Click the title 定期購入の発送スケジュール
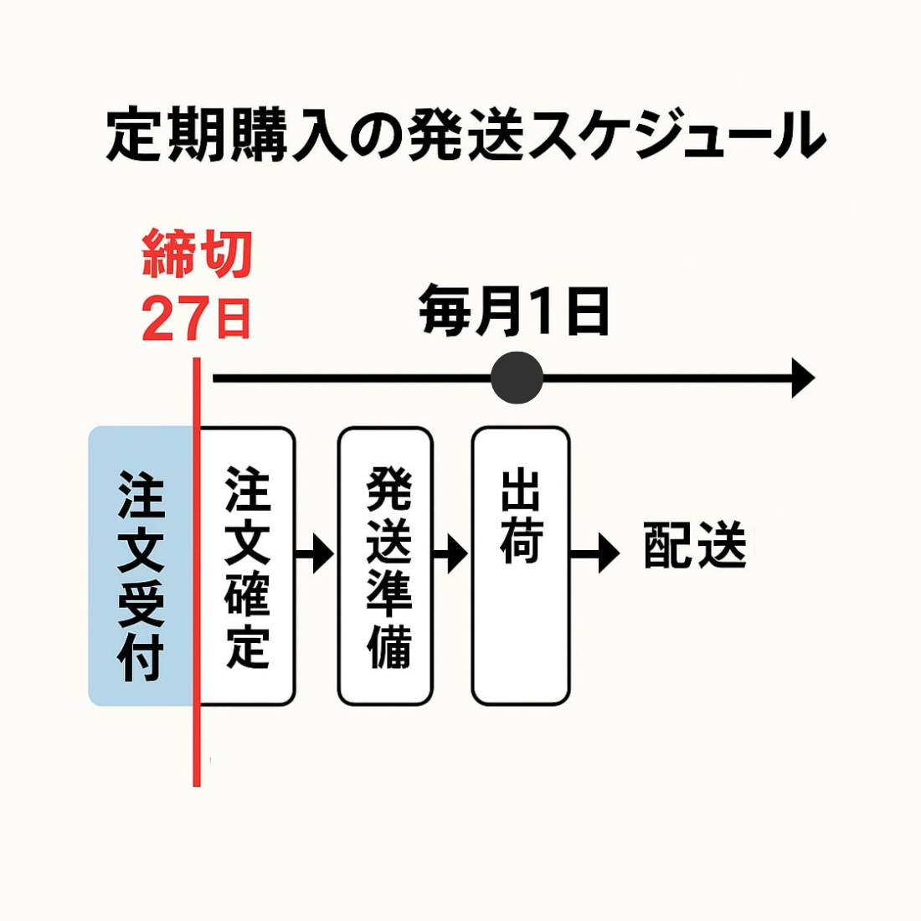[466, 135]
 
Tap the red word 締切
[197, 255]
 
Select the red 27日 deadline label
[197, 319]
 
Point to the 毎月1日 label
[514, 311]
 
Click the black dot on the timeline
[517, 378]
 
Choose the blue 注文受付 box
[141, 566]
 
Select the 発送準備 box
[386, 566]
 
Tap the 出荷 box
[521, 566]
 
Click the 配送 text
[695, 547]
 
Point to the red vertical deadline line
[197, 737]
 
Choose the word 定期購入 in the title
[226, 135]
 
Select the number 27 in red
[175, 319]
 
